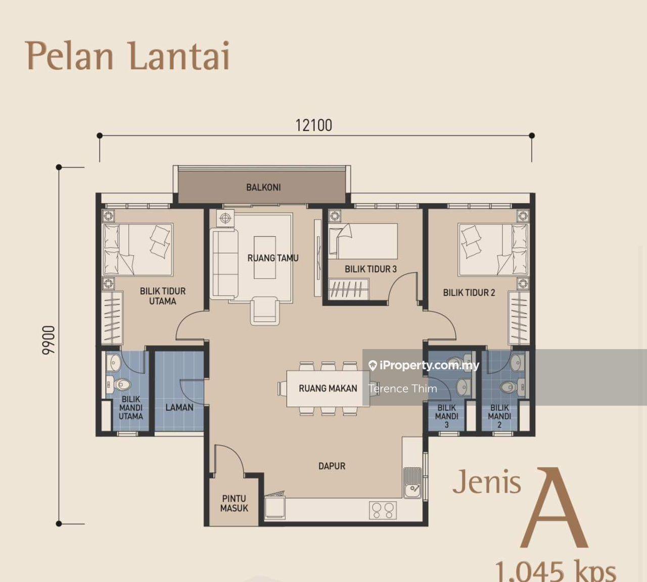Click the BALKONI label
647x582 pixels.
(263, 187)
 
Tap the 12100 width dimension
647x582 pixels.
(314, 125)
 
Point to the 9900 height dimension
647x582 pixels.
(49, 341)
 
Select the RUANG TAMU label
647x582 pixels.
(273, 258)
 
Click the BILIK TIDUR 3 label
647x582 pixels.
(371, 269)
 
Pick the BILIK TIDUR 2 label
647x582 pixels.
(469, 293)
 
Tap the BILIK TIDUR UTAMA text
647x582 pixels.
(163, 296)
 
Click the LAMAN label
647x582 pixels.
(179, 407)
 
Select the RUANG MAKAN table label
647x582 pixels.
(328, 388)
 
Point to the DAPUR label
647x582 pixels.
(332, 466)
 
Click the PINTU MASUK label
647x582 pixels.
(234, 503)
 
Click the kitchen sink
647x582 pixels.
(412, 483)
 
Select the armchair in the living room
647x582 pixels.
(264, 311)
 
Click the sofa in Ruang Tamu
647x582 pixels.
(224, 263)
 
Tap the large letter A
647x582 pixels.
(554, 508)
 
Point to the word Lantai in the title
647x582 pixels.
(179, 55)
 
